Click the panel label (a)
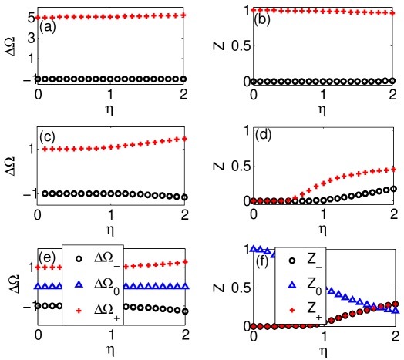46,29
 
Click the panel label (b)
262,21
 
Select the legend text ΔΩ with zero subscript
106,284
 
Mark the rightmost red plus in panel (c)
185,138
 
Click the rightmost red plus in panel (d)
394,169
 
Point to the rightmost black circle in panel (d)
394,188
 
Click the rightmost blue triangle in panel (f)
397,311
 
